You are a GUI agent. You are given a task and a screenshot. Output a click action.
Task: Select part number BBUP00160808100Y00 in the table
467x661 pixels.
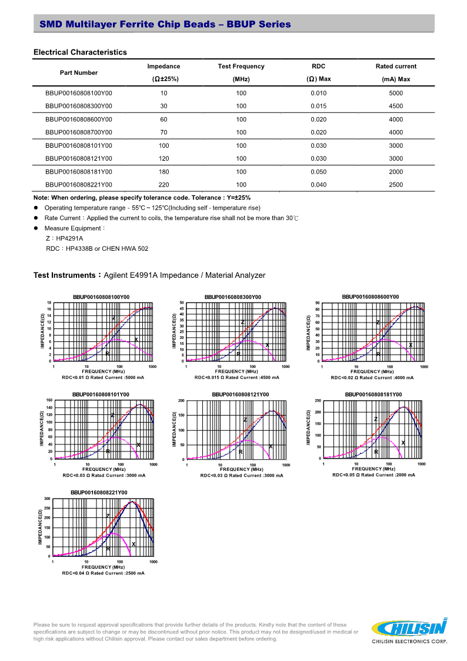click(78, 94)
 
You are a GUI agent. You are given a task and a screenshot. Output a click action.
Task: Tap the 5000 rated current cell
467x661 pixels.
click(396, 94)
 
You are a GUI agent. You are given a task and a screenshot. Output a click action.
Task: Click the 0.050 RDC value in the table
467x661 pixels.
click(318, 172)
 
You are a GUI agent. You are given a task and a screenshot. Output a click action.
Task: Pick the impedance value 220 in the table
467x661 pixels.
click(164, 185)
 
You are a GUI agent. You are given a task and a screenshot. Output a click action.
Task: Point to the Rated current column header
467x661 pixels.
click(396, 67)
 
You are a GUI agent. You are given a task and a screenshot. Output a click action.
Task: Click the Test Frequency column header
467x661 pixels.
click(241, 67)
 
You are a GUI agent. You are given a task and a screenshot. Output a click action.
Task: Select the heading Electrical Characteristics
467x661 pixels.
click(80, 52)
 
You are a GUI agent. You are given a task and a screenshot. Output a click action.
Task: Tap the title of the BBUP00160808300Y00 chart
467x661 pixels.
click(233, 297)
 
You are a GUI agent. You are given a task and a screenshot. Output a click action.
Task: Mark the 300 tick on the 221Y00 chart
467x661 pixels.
click(47, 499)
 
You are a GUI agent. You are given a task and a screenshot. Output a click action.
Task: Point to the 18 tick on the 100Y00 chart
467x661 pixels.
click(49, 303)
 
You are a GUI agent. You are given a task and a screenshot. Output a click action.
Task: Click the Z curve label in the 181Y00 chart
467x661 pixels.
click(375, 419)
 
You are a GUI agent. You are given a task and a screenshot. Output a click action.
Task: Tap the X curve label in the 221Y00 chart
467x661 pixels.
click(134, 544)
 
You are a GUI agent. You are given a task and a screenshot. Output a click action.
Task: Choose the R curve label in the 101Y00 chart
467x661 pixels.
click(108, 451)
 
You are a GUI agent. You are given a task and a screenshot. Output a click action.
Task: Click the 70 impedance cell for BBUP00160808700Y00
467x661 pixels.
click(164, 132)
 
